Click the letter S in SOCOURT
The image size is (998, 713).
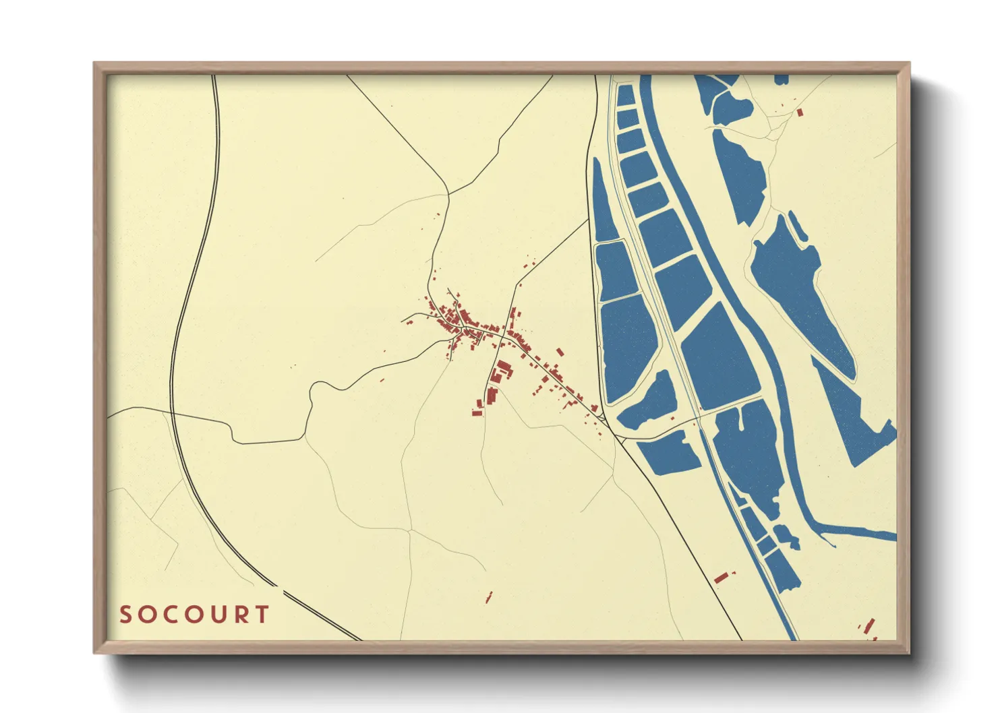click(x=126, y=615)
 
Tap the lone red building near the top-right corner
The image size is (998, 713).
click(x=800, y=113)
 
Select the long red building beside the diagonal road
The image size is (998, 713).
click(x=721, y=577)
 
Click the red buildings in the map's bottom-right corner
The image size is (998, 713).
click(x=869, y=627)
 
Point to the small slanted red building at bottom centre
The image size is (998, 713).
click(x=489, y=596)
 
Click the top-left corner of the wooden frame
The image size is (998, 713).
click(x=95, y=64)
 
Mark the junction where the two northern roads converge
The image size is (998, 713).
click(x=448, y=194)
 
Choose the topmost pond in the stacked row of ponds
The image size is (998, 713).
click(x=625, y=95)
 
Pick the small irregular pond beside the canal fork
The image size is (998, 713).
click(x=786, y=536)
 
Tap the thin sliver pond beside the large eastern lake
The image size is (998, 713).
click(x=798, y=225)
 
